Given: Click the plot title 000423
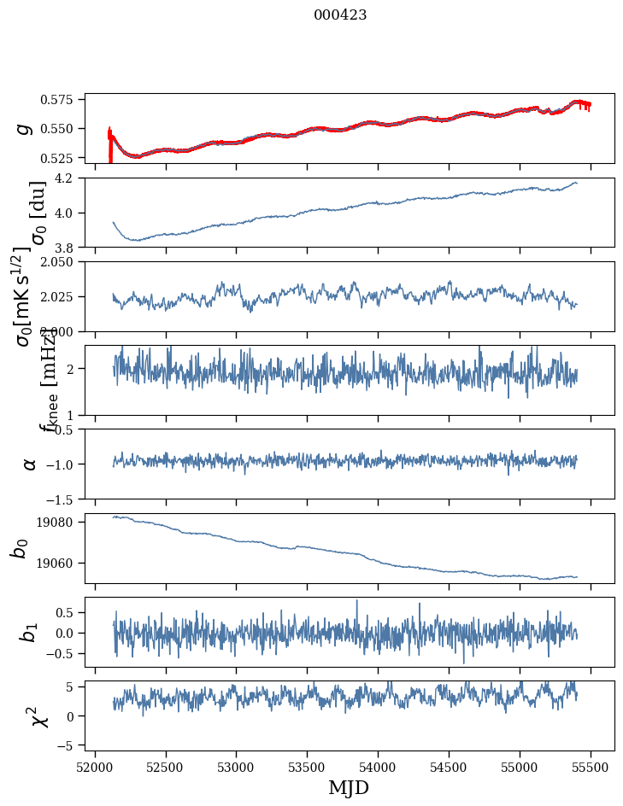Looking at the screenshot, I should pyautogui.click(x=340, y=15).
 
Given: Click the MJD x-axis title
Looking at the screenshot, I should pyautogui.click(x=349, y=787).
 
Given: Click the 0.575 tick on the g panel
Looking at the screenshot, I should pyautogui.click(x=62, y=100).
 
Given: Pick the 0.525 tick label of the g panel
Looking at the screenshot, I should pyautogui.click(x=62, y=158).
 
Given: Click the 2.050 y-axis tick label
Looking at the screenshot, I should pyautogui.click(x=62, y=262).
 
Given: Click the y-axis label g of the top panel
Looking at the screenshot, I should pyautogui.click(x=24, y=128).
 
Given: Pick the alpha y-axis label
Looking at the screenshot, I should pyautogui.click(x=29, y=464).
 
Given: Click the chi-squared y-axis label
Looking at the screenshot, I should pyautogui.click(x=38, y=715).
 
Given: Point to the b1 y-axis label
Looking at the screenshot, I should pyautogui.click(x=29, y=632).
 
